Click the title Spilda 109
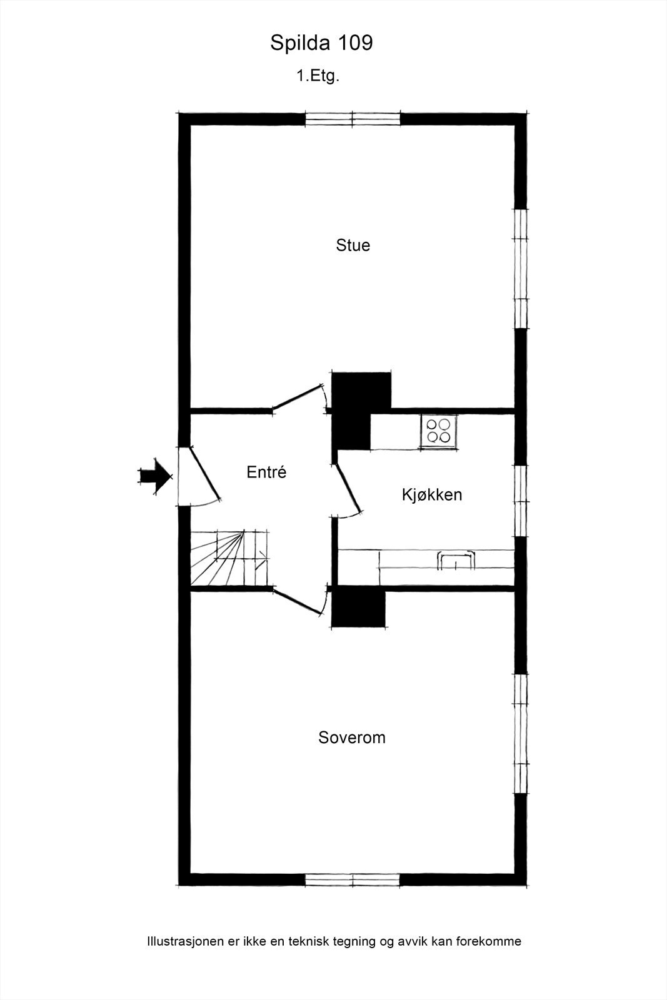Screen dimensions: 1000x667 click(x=321, y=43)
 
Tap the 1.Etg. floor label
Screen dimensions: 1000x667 click(x=318, y=76)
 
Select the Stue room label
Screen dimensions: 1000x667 click(x=353, y=245)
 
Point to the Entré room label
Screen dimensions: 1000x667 click(x=266, y=472)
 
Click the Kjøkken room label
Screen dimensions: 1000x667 click(x=432, y=495)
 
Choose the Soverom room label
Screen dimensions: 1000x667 click(x=352, y=737)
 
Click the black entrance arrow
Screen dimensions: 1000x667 click(x=154, y=477)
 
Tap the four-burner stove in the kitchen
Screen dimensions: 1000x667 click(x=438, y=431)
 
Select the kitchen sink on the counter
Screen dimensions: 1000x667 click(x=456, y=560)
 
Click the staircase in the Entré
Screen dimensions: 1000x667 click(x=229, y=557)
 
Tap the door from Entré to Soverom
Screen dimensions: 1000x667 click(x=298, y=601)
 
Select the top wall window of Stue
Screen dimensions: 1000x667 click(x=353, y=119)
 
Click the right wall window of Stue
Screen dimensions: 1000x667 click(x=520, y=268)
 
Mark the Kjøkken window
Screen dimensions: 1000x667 click(x=520, y=501)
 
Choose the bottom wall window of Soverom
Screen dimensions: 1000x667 click(x=353, y=880)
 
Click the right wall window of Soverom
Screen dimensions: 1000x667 click(x=520, y=734)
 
